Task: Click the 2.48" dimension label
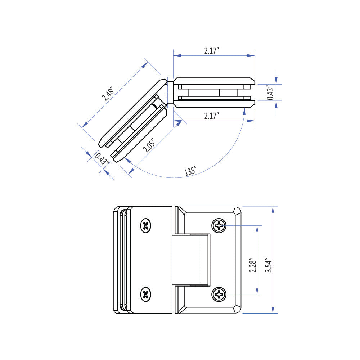click(108, 94)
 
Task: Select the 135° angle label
click(190, 171)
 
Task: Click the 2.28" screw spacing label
click(253, 265)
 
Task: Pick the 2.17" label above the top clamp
click(212, 50)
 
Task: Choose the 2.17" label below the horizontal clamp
click(212, 116)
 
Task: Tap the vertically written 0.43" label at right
click(270, 93)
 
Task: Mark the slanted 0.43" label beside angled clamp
click(102, 159)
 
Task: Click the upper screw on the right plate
click(219, 225)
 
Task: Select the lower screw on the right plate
click(219, 294)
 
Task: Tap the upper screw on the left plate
click(145, 225)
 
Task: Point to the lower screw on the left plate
click(145, 294)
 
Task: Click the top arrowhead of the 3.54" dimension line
click(273, 210)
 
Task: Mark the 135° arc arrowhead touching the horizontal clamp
click(244, 111)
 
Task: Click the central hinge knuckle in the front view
click(191, 260)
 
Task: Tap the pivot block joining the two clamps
click(170, 93)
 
